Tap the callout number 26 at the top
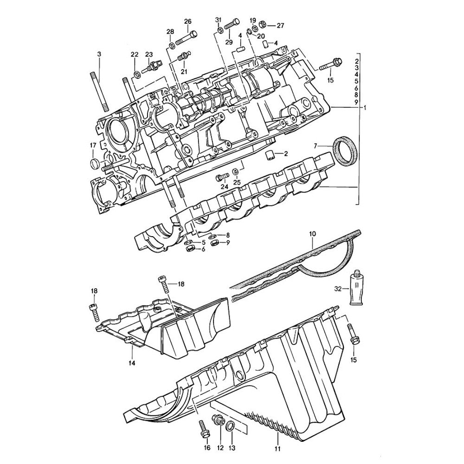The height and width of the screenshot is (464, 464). coord(187,21)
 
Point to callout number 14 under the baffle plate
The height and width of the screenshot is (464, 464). coord(132,363)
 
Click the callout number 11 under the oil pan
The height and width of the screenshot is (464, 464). coord(277,449)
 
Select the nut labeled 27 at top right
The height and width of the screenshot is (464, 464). coord(262,24)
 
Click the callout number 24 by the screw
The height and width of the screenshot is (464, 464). coord(225,187)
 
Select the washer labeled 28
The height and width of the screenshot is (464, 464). coord(172,45)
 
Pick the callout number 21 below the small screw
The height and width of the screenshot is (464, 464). coord(184,71)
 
